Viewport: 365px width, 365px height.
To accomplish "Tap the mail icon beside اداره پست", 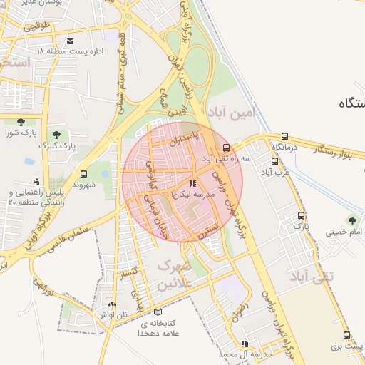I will (70, 41).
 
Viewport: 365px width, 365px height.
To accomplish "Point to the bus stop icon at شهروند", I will (84, 174).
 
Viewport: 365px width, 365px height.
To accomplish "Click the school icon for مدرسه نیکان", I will (193, 184).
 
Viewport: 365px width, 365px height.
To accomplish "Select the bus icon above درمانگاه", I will (285, 136).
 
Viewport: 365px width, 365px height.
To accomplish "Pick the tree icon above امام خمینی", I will (351, 220).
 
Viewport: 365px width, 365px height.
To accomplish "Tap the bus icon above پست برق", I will (346, 335).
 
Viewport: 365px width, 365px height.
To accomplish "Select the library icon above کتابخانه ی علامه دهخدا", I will (159, 312).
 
